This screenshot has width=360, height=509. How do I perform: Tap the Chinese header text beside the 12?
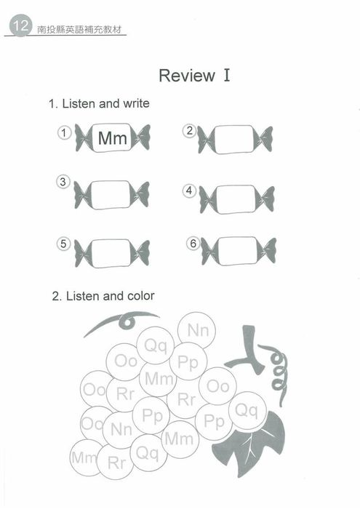click(79, 30)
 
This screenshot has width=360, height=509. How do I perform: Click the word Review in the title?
click(187, 76)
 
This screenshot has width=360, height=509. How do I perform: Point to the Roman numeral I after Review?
click(227, 75)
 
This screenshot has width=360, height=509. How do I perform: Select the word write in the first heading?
click(136, 103)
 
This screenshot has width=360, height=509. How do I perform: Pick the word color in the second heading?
click(141, 296)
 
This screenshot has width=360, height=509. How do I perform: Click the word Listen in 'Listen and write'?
click(79, 103)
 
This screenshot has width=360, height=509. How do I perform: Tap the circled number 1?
click(64, 132)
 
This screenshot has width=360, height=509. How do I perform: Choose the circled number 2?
click(189, 131)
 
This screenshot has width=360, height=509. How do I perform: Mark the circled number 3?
click(63, 182)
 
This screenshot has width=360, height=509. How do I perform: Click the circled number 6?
click(193, 243)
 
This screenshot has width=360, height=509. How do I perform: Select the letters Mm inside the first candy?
click(112, 138)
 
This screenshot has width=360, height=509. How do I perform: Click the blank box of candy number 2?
click(234, 140)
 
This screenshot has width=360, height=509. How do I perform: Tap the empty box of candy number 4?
click(236, 199)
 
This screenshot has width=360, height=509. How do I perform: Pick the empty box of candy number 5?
click(111, 253)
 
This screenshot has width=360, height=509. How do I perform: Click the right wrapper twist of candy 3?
click(140, 194)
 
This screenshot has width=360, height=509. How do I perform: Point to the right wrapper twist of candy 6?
click(267, 251)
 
